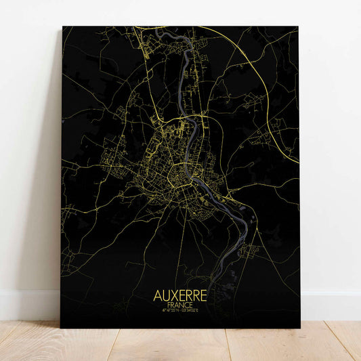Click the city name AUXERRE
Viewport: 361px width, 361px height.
coord(180,298)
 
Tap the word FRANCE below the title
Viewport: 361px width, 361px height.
coord(180,307)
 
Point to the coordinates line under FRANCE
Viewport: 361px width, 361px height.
coord(180,312)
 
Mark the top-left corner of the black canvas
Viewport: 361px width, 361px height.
coord(63,27)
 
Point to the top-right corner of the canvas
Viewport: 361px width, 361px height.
coord(299,28)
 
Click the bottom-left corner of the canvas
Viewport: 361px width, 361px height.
coord(63,328)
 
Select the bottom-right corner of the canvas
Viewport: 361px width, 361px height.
coord(299,328)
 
